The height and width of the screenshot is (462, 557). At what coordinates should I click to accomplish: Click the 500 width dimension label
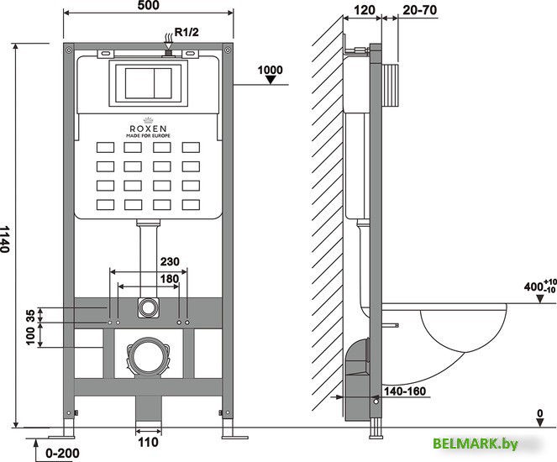coord(148,7)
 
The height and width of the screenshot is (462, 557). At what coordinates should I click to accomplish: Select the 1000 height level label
coord(270,70)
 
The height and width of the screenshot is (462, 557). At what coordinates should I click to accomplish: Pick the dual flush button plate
coord(148,82)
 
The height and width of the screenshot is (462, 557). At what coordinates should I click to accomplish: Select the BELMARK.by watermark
coord(487,444)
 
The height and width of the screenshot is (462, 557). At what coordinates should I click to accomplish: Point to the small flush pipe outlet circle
coord(148,307)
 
